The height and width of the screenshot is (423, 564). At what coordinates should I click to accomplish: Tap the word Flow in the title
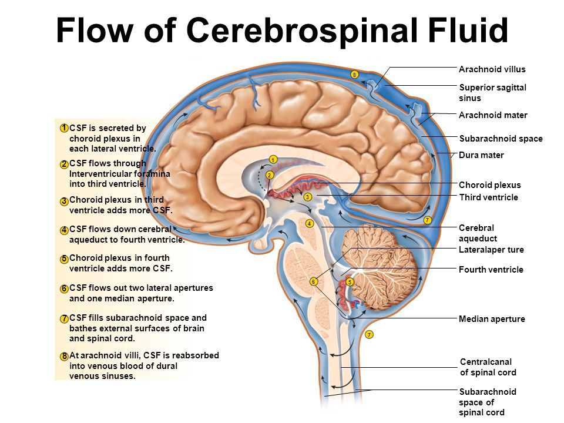99,31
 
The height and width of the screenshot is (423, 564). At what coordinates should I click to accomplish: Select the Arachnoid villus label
492,69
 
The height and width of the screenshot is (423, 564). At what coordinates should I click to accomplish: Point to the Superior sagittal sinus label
492,92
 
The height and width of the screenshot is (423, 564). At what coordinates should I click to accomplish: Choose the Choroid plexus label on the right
489,185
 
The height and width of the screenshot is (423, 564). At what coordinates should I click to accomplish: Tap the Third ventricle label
488,197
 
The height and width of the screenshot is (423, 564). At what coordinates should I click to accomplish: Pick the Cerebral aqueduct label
478,233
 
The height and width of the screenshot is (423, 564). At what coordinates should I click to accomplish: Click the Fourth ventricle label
491,270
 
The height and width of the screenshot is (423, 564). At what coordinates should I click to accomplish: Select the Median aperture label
491,319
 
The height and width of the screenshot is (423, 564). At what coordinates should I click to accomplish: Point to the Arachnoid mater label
493,115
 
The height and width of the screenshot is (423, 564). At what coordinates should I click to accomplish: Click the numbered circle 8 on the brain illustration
354,74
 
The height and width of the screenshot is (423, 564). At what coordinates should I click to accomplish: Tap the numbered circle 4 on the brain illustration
308,223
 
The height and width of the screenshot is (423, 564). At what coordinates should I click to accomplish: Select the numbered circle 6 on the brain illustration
314,282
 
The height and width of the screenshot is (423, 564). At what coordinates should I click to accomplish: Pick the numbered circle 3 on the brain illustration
307,197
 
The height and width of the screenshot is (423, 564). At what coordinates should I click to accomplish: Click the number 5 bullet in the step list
63,258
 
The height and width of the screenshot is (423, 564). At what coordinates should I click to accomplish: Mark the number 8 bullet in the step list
63,356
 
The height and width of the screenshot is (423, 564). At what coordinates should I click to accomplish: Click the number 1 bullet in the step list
63,127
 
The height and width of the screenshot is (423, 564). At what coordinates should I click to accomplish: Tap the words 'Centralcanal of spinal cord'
488,367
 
